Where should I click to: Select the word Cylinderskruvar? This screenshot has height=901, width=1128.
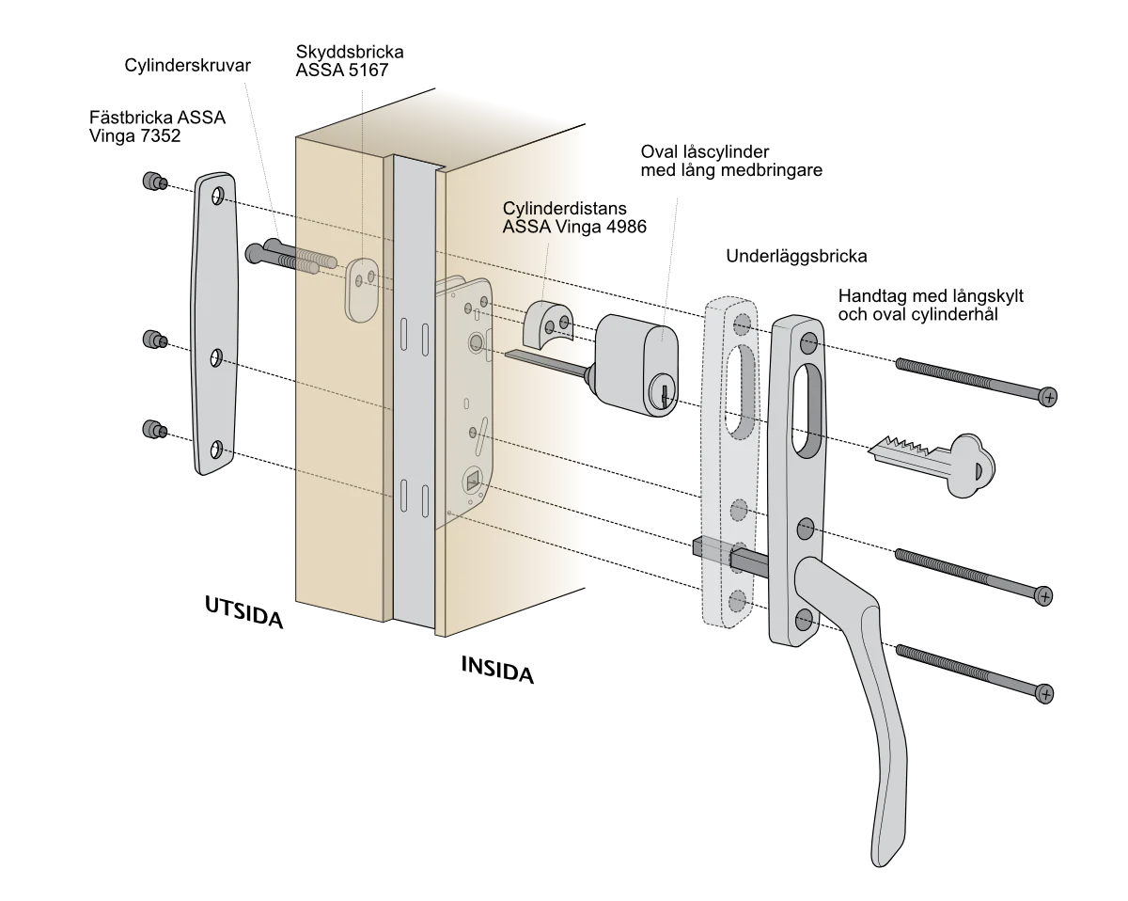click(187, 66)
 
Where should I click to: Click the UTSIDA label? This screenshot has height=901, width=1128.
click(243, 612)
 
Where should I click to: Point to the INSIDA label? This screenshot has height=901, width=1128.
click(497, 671)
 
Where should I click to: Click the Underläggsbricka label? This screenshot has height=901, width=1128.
click(796, 256)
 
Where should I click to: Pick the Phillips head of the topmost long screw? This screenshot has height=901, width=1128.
click(1048, 397)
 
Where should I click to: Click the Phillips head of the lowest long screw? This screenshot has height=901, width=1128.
click(1044, 694)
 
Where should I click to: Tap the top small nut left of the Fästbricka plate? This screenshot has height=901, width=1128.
click(154, 182)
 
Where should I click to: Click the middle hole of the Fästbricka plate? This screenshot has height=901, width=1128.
click(216, 358)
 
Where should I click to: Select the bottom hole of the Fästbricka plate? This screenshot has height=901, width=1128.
click(216, 450)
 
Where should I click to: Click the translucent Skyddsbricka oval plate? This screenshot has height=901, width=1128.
click(361, 290)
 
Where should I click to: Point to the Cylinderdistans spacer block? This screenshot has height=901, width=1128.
click(548, 324)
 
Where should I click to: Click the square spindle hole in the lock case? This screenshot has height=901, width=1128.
click(472, 481)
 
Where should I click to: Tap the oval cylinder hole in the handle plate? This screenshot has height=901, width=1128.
click(807, 410)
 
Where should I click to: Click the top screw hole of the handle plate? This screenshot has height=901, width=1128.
click(807, 343)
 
